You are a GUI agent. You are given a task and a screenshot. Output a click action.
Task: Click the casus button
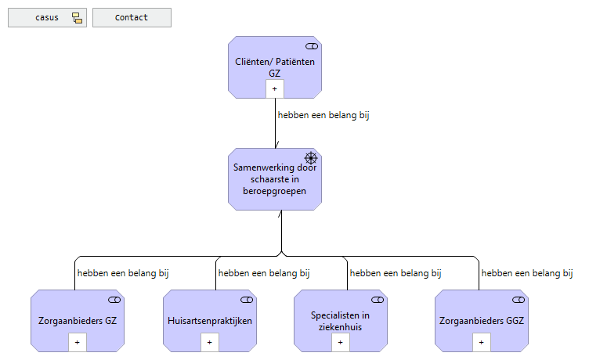tap(48, 18)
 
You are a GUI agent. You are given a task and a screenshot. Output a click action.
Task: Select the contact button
tap(132, 18)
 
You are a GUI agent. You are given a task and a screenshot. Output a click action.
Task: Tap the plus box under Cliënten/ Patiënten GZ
tap(275, 88)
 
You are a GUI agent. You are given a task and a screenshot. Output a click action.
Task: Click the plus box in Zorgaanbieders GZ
tap(77, 342)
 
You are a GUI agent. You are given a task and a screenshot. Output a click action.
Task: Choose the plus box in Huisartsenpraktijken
tap(209, 342)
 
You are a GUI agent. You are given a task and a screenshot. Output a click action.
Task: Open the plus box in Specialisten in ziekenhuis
tap(341, 342)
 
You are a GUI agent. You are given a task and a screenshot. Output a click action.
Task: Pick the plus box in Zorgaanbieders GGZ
tap(481, 342)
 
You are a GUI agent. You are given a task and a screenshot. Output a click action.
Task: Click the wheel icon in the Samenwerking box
tap(310, 158)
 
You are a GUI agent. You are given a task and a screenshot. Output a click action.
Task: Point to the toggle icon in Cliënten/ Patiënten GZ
tap(311, 47)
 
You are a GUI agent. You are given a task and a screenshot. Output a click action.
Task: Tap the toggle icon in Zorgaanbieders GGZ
tap(518, 301)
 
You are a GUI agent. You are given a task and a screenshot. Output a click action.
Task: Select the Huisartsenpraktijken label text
tap(209, 321)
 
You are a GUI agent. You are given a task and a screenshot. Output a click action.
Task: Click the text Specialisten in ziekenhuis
tap(341, 321)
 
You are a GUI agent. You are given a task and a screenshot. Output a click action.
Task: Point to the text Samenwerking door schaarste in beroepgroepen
tap(275, 178)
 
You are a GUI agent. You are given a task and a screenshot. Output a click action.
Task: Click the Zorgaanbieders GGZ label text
tap(481, 321)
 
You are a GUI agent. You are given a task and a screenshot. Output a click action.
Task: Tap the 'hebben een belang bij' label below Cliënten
tap(323, 115)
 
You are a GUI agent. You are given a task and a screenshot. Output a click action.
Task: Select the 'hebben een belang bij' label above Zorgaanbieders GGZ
tap(526, 273)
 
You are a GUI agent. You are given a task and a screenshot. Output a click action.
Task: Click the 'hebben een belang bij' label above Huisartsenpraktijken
tap(264, 273)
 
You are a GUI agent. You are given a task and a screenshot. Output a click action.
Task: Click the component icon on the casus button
tap(77, 18)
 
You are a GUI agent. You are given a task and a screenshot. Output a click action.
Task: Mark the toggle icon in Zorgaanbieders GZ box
tap(114, 301)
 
